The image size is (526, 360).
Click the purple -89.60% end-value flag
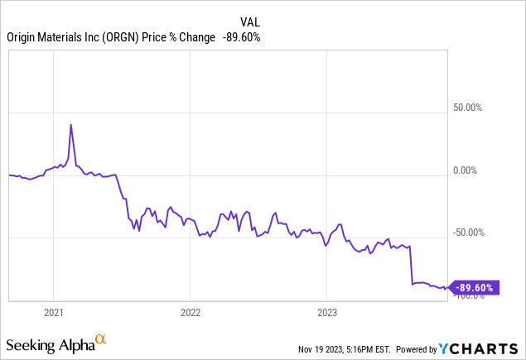(x=475, y=287)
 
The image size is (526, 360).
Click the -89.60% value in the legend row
(x=240, y=36)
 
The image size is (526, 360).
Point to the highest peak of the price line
(x=70, y=125)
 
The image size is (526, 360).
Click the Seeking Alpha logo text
(x=49, y=342)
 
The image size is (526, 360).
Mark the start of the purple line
(x=8, y=175)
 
